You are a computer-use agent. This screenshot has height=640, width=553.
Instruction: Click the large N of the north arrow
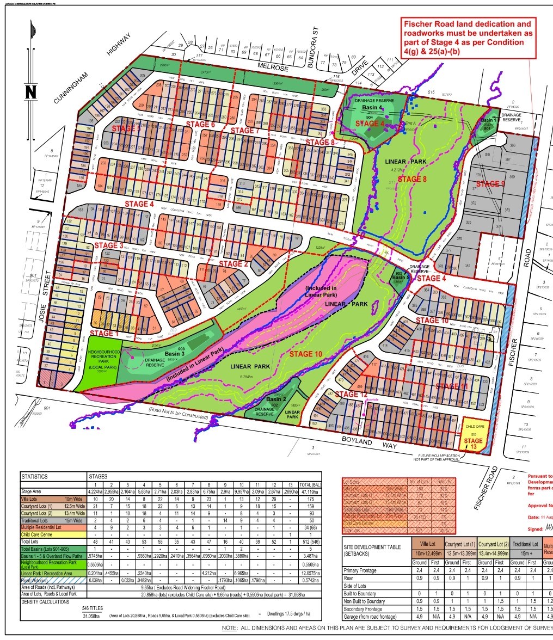click(30, 91)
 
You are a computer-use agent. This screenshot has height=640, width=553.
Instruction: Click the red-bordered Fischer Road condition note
click(467, 38)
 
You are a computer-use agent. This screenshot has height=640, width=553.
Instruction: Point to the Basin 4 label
click(373, 108)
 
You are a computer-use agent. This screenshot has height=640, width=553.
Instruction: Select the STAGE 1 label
click(103, 333)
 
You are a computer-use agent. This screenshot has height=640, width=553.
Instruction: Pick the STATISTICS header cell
click(35, 477)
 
